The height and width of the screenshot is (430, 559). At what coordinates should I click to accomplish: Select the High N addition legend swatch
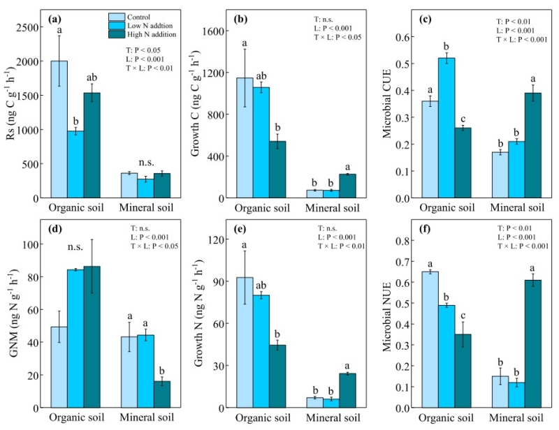pos(118,33)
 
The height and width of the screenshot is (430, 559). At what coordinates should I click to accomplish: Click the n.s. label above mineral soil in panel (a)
pos(145,163)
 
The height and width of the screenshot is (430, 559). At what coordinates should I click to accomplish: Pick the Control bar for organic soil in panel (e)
pos(245,342)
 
